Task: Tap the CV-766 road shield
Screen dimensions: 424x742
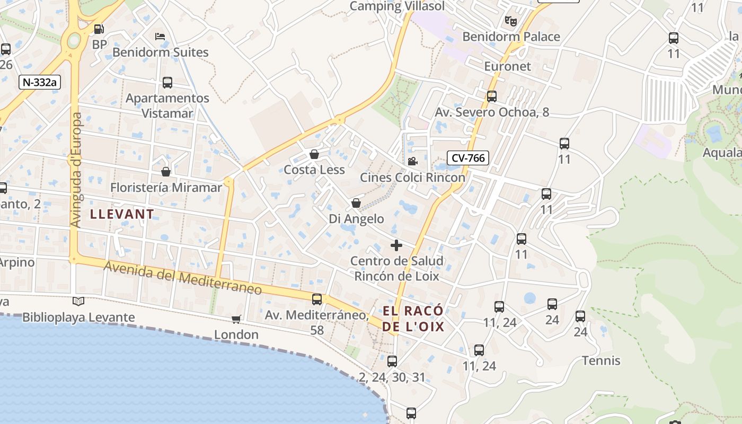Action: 467,157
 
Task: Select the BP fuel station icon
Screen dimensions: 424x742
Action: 99,29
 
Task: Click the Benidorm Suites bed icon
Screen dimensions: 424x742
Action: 160,37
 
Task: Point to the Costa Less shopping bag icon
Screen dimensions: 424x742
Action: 314,154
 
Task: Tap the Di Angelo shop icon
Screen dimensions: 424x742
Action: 356,203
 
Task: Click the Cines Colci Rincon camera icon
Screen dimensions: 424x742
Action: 412,161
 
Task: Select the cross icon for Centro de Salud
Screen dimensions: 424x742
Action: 396,245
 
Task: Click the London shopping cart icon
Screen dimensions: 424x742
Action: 236,319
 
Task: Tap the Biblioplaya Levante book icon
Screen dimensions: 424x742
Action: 78,302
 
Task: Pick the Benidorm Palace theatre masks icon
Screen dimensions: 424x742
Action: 511,21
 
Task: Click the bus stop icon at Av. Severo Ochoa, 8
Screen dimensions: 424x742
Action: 492,96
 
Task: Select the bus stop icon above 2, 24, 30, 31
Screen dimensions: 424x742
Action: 392,361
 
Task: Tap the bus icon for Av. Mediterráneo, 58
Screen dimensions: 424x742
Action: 317,299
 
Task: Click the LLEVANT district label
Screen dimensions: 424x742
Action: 122,214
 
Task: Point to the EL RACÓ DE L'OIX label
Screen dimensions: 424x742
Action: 413,319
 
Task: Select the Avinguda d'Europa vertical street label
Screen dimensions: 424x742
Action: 76,170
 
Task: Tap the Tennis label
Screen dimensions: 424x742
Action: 601,361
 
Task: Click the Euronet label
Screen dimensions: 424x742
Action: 507,66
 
